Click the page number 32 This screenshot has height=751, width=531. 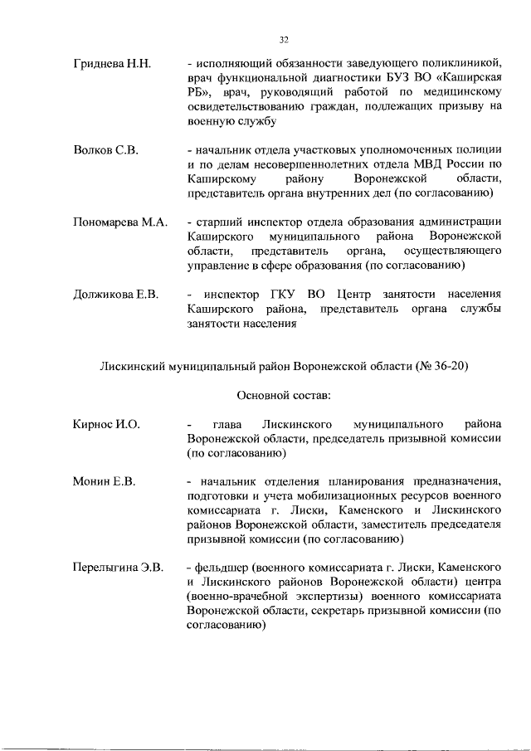click(284, 39)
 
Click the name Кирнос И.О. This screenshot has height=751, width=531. click(105, 424)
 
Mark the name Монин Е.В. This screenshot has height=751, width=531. click(104, 481)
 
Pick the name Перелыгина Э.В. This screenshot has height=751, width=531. click(117, 568)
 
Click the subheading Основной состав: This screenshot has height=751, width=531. click(284, 394)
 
